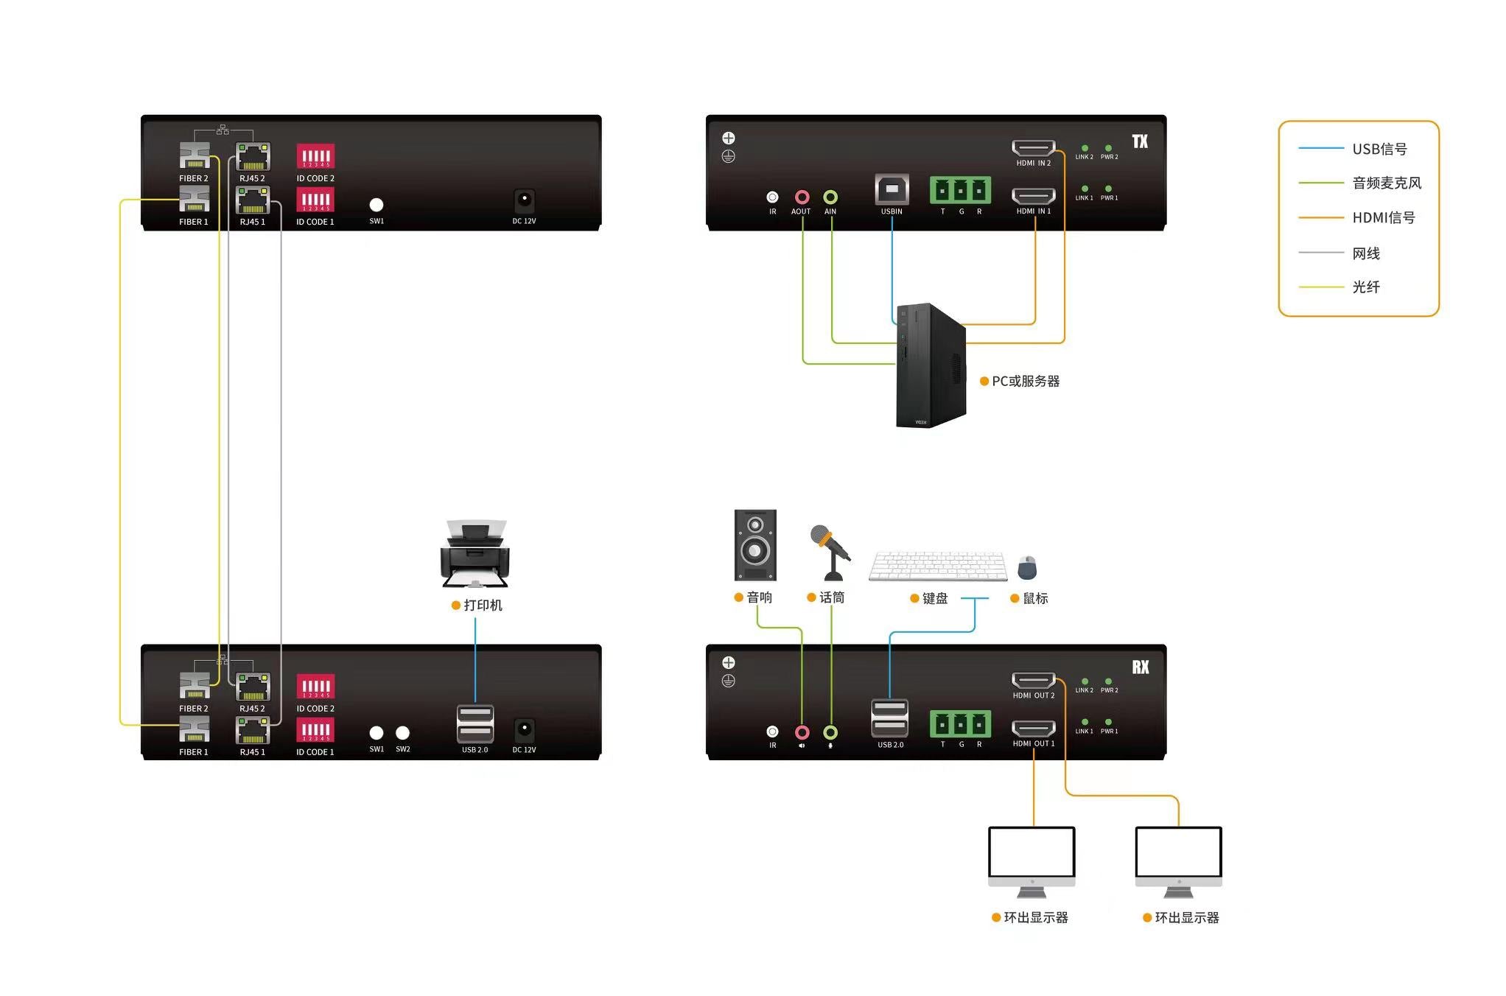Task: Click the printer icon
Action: pyautogui.click(x=475, y=554)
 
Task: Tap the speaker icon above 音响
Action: pyautogui.click(x=755, y=545)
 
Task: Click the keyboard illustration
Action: pyautogui.click(x=938, y=567)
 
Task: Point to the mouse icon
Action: pyautogui.click(x=1027, y=567)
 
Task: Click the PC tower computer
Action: pyautogui.click(x=930, y=365)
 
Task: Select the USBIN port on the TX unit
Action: pyautogui.click(x=892, y=189)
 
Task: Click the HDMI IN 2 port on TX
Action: pyautogui.click(x=1033, y=148)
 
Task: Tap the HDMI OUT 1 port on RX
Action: pyautogui.click(x=1033, y=729)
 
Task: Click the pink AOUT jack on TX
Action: pyautogui.click(x=802, y=197)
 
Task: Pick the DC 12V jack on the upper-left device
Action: pyautogui.click(x=524, y=200)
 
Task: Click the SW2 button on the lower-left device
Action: pyautogui.click(x=402, y=733)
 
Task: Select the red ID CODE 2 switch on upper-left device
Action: pyautogui.click(x=315, y=156)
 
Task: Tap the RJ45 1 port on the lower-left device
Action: pyautogui.click(x=253, y=730)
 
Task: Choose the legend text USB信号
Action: pyautogui.click(x=1379, y=149)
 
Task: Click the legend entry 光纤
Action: pyautogui.click(x=1365, y=287)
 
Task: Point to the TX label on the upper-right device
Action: pyautogui.click(x=1140, y=141)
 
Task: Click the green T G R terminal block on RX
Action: pyautogui.click(x=960, y=724)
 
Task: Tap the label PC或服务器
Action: pyautogui.click(x=1025, y=381)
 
